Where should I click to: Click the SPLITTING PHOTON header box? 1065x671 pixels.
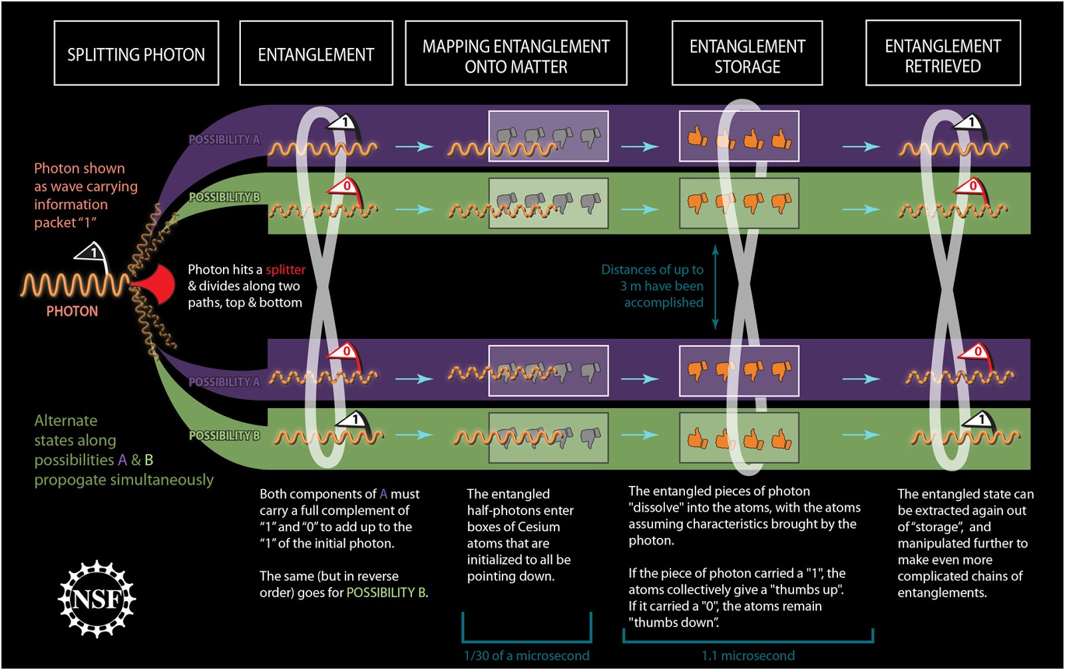tap(136, 53)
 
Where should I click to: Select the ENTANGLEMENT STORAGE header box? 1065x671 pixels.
tap(747, 53)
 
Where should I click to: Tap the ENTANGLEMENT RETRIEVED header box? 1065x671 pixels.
tap(943, 53)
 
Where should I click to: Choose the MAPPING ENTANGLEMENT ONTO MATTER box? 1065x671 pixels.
tap(516, 53)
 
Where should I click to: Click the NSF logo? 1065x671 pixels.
tap(97, 599)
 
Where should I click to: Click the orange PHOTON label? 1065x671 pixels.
tap(72, 311)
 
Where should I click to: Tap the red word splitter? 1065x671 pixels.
tap(286, 270)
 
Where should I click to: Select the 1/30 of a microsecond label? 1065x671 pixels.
tap(526, 656)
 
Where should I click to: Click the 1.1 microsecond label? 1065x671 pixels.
tap(747, 656)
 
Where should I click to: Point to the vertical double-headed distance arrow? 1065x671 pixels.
tap(716, 286)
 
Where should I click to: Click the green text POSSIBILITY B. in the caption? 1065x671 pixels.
tap(387, 592)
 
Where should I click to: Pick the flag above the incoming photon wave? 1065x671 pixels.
tap(93, 254)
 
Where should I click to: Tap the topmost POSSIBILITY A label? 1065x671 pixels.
tap(224, 140)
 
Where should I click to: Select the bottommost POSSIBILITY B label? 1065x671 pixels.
tap(224, 435)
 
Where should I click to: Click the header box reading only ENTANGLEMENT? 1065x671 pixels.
tap(316, 53)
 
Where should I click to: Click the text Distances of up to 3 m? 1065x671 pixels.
tap(652, 278)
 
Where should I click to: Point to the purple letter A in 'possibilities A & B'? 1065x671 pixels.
tap(122, 460)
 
